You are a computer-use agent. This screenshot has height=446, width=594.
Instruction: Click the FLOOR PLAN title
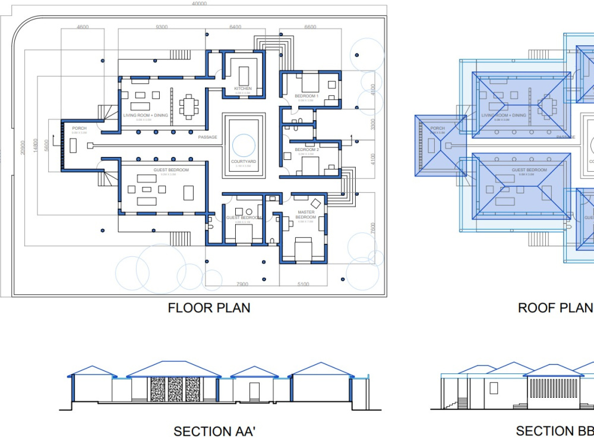tap(208, 308)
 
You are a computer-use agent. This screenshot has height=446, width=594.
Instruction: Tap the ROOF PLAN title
tap(555, 308)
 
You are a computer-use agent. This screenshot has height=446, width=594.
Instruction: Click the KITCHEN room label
tap(243, 89)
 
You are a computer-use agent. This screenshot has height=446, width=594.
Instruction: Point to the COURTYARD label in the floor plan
tap(243, 162)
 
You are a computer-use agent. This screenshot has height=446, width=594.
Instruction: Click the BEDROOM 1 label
tap(307, 96)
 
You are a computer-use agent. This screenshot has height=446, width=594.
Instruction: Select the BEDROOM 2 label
tap(307, 150)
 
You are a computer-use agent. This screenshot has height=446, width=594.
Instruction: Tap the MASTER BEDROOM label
tap(306, 215)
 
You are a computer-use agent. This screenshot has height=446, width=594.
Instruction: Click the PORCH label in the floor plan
tap(79, 128)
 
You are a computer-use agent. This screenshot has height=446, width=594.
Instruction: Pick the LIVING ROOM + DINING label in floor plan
tap(146, 115)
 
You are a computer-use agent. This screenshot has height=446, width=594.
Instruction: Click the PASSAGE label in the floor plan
tap(208, 137)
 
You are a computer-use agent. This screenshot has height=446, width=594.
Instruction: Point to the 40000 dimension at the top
tap(200, 4)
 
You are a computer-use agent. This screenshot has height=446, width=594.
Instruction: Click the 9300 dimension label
tap(162, 27)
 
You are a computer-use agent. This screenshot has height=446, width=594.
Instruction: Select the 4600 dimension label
tap(83, 27)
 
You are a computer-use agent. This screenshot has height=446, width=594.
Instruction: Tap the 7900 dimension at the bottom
tap(242, 284)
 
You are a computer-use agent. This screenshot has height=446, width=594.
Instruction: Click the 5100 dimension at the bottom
tap(303, 284)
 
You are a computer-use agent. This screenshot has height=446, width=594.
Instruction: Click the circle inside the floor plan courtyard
tap(243, 145)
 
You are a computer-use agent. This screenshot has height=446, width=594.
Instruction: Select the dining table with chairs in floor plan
tap(189, 106)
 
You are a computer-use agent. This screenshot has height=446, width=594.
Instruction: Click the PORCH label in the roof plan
tap(437, 128)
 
